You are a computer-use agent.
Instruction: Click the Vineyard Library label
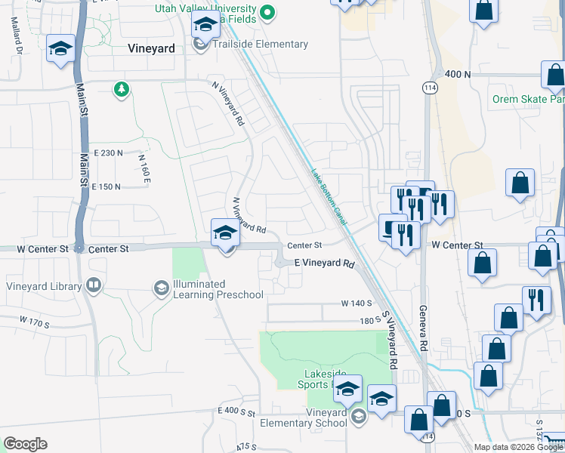[x=44, y=286]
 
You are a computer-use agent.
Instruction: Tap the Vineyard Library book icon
[x=94, y=285]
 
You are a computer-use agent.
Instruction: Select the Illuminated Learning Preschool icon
[x=161, y=288]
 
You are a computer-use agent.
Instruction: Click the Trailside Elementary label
[x=260, y=45]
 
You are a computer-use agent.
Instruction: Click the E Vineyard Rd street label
[x=324, y=263]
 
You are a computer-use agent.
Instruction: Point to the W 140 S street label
[x=357, y=304]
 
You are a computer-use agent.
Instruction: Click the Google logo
[x=25, y=444]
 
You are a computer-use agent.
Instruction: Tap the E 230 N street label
[x=108, y=153]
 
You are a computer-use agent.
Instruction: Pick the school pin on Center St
[x=224, y=234]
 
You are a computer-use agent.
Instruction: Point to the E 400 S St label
[x=236, y=411]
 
